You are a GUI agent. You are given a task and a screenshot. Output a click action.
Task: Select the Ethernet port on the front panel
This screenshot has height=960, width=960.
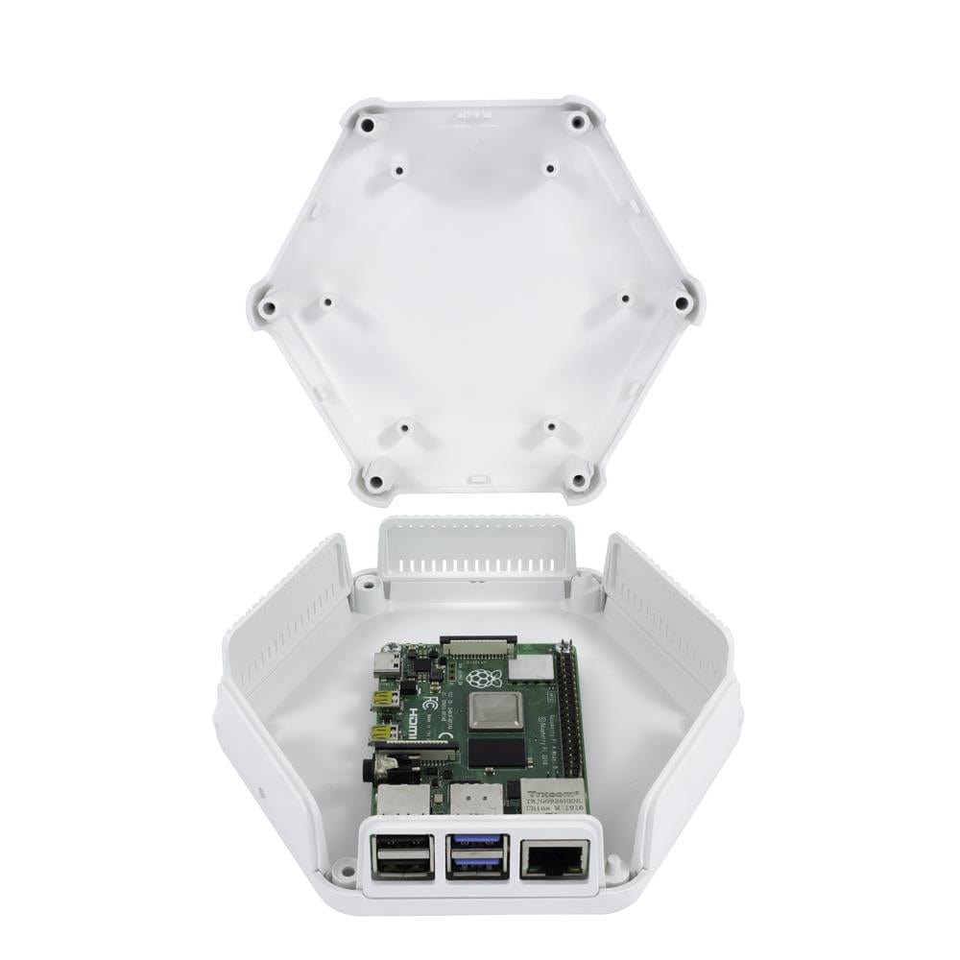tap(555, 857)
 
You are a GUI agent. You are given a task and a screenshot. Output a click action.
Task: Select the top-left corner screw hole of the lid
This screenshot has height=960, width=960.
tap(366, 125)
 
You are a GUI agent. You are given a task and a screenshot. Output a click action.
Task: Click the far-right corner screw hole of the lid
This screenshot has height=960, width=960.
tap(683, 302)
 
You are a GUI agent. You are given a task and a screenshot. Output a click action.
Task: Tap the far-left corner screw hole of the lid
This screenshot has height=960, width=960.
tap(268, 308)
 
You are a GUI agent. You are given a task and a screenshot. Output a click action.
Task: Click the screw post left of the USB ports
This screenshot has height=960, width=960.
tap(342, 872)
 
